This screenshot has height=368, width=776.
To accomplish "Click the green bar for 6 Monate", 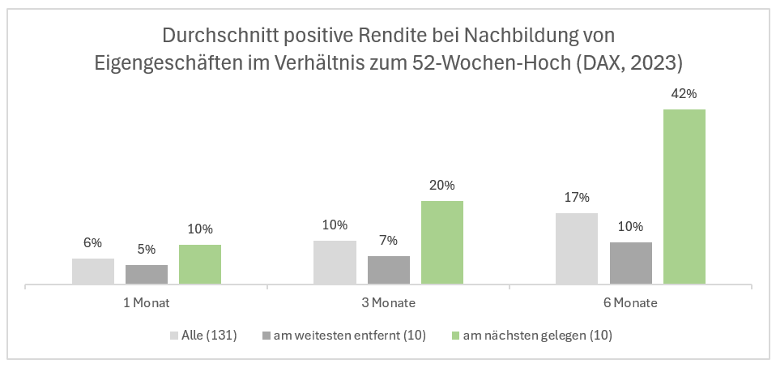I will click(684, 197).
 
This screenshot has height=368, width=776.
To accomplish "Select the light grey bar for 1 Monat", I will click(93, 272).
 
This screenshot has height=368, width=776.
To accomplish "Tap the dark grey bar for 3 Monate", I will click(388, 271).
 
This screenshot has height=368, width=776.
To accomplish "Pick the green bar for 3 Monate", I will click(442, 243).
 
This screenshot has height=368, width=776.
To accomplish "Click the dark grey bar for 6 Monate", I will click(630, 263).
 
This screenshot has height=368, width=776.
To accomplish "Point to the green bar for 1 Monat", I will click(200, 265).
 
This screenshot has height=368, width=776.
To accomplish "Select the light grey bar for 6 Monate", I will click(577, 249).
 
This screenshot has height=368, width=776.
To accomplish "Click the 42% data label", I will click(684, 94).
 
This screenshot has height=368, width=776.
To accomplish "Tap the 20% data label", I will click(441, 186).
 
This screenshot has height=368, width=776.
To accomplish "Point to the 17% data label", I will click(577, 198).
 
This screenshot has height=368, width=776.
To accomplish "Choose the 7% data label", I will click(388, 241).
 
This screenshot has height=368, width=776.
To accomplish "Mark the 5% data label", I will click(147, 250).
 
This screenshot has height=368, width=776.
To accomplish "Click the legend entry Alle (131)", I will click(208, 335).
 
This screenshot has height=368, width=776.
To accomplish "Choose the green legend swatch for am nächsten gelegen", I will click(454, 335).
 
